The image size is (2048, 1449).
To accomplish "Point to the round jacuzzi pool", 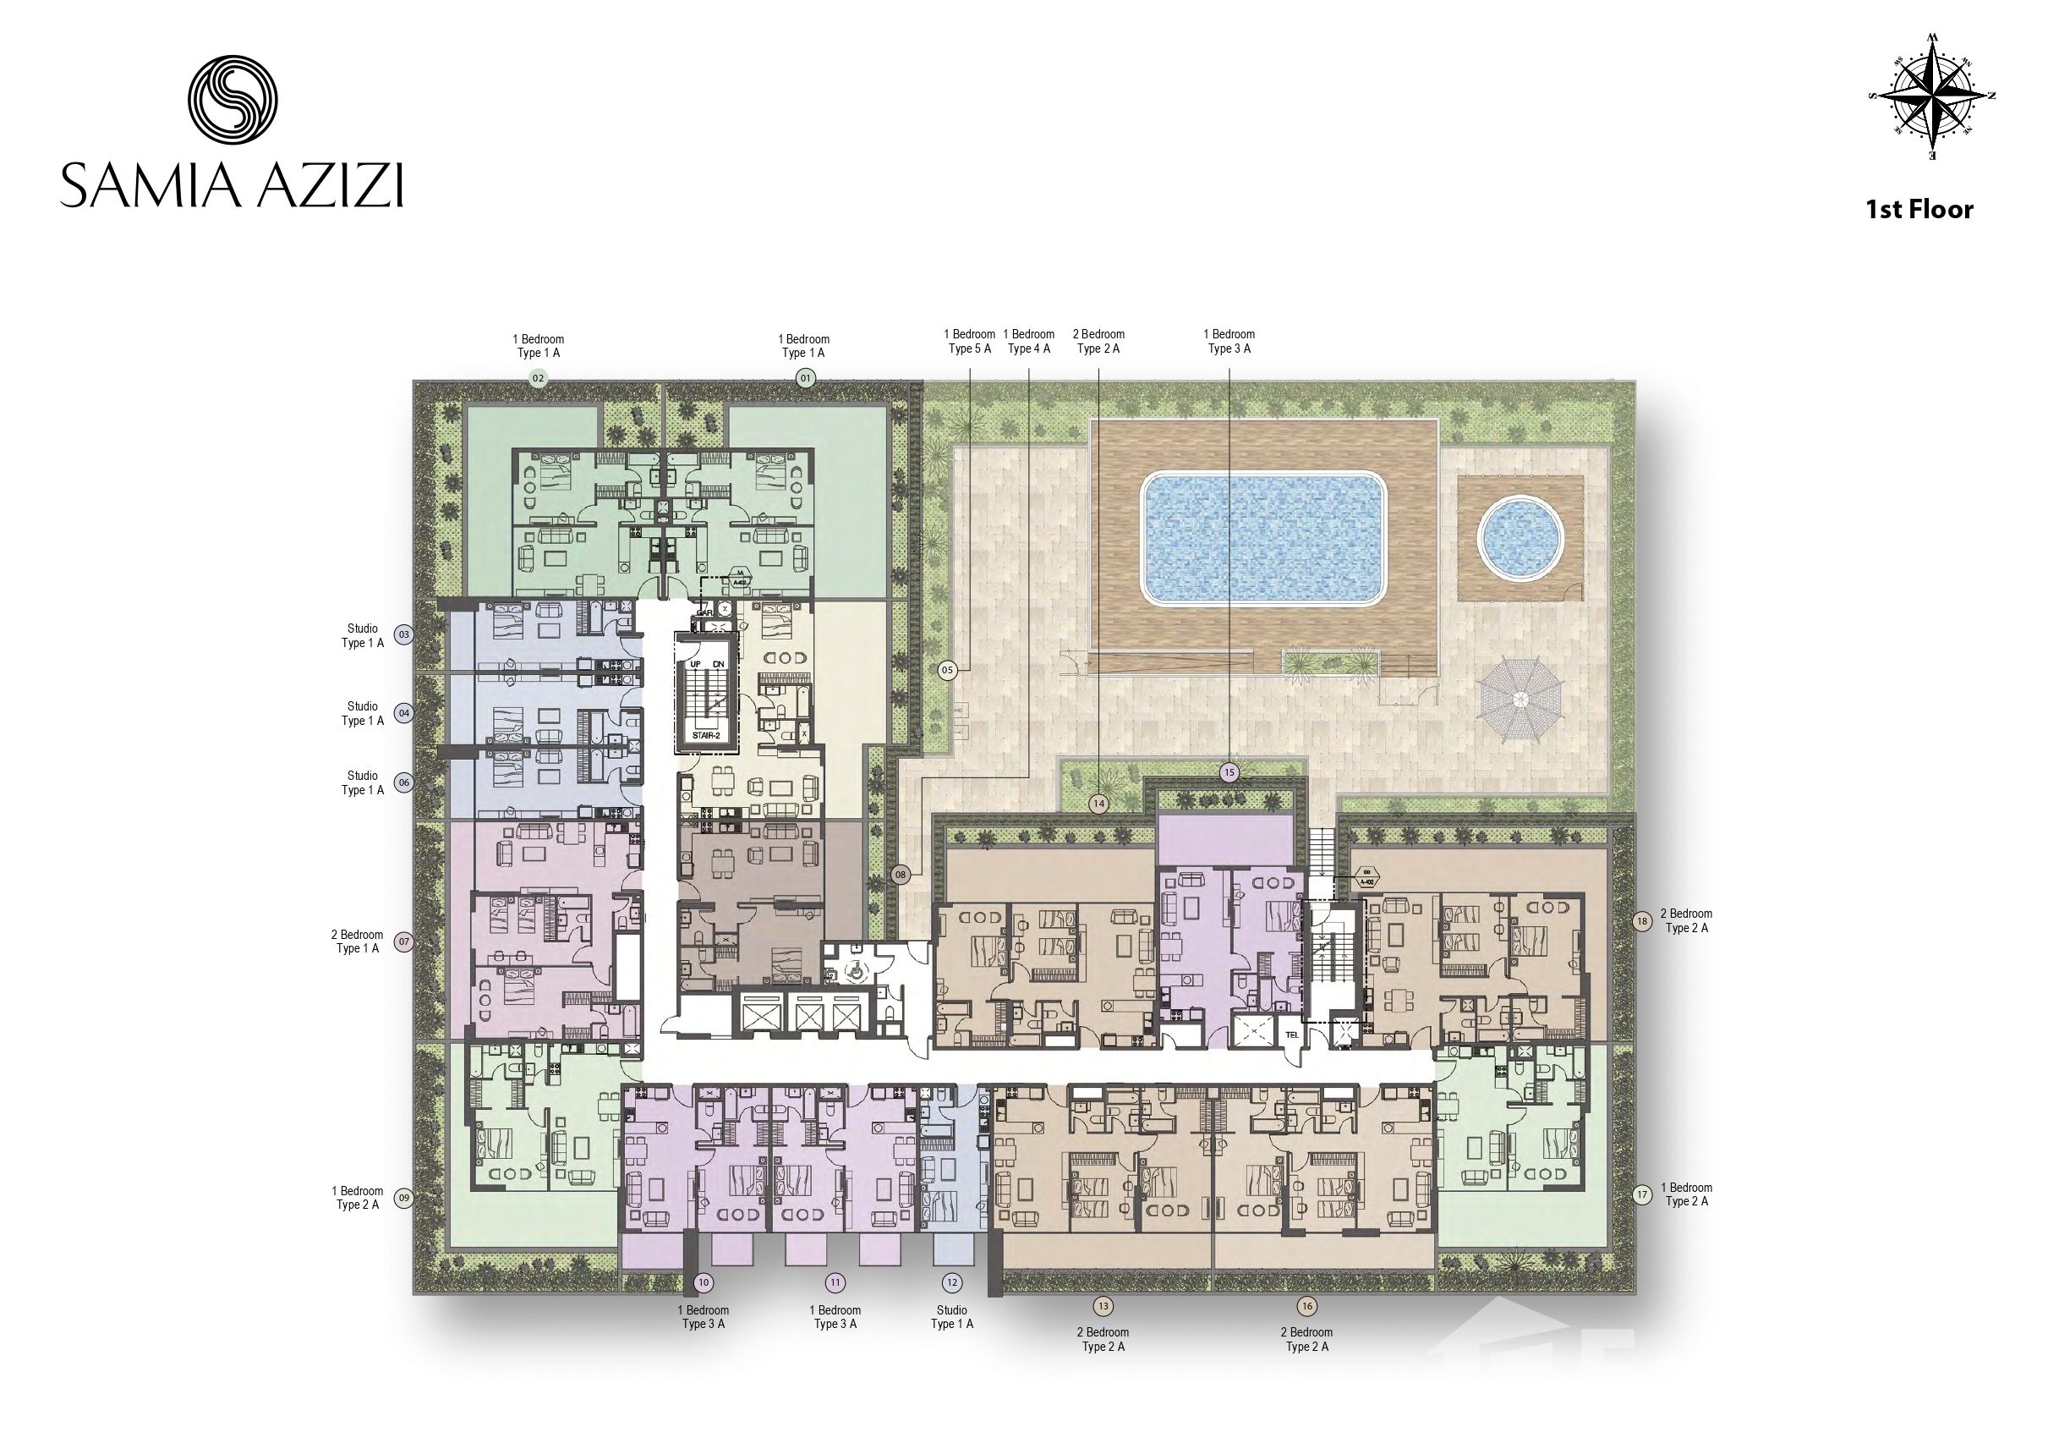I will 1520,539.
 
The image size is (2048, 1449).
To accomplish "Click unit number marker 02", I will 538,378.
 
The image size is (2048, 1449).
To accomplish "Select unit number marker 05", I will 947,669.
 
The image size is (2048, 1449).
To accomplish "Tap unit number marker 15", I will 1230,771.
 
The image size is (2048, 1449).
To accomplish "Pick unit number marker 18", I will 1642,922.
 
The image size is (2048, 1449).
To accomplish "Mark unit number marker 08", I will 900,875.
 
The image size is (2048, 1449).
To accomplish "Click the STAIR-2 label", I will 704,735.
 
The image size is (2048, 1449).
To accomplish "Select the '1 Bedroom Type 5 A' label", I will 970,341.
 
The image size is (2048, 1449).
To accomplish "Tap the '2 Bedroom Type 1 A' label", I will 358,941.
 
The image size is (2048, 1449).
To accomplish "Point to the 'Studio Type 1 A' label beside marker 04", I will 362,713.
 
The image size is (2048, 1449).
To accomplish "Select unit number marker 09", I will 404,1199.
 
